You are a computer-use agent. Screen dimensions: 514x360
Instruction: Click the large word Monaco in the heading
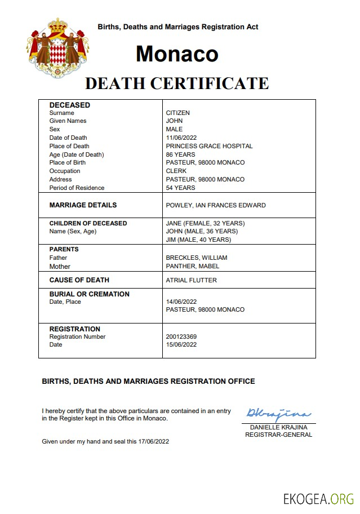point(177,54)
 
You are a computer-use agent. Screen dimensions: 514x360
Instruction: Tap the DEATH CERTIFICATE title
point(176,83)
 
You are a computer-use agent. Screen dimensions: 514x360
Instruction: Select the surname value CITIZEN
point(177,113)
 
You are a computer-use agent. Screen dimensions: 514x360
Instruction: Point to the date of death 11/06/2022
point(182,138)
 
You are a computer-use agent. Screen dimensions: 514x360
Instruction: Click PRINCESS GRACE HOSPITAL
point(209,146)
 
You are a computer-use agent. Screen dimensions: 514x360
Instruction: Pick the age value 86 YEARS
point(180,154)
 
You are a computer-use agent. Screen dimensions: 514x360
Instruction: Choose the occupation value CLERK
point(176,171)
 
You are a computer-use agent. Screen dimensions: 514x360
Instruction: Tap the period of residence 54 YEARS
point(180,188)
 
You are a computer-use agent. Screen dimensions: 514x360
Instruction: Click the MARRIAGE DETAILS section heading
point(83,205)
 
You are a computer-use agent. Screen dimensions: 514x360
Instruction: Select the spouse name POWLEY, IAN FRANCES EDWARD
point(216,205)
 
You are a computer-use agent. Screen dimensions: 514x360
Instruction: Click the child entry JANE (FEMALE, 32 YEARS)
point(205,223)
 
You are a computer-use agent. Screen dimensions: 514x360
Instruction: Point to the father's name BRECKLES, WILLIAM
point(197,258)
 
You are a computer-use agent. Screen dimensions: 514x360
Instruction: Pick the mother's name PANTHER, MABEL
point(193,266)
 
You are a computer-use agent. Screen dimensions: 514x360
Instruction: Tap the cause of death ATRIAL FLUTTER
point(191,280)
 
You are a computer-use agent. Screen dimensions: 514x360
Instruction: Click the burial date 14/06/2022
point(182,302)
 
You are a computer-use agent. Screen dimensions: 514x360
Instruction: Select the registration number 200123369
point(181,336)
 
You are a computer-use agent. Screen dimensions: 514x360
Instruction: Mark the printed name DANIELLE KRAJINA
point(278,427)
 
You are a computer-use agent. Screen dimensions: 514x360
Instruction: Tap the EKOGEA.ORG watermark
point(318,498)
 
